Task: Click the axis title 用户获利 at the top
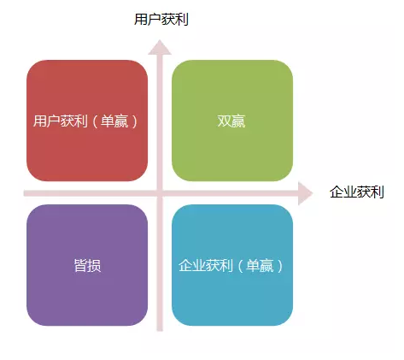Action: [161, 20]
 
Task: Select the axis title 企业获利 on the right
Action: [357, 192]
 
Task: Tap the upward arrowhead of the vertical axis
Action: [160, 47]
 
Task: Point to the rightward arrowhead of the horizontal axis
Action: [306, 193]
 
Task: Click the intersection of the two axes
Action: [160, 193]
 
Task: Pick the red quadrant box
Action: [87, 121]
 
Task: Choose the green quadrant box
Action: [232, 121]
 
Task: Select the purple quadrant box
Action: [87, 265]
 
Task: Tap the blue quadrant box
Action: [232, 265]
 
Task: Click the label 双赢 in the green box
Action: [231, 121]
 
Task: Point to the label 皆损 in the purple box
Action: [87, 266]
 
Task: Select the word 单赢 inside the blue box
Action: [260, 266]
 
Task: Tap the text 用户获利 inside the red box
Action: [61, 121]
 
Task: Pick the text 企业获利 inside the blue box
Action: [206, 266]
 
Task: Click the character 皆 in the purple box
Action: [80, 266]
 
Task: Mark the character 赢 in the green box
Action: [238, 121]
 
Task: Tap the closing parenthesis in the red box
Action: [134, 121]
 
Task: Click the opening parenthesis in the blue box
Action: [239, 266]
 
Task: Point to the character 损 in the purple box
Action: [94, 266]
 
